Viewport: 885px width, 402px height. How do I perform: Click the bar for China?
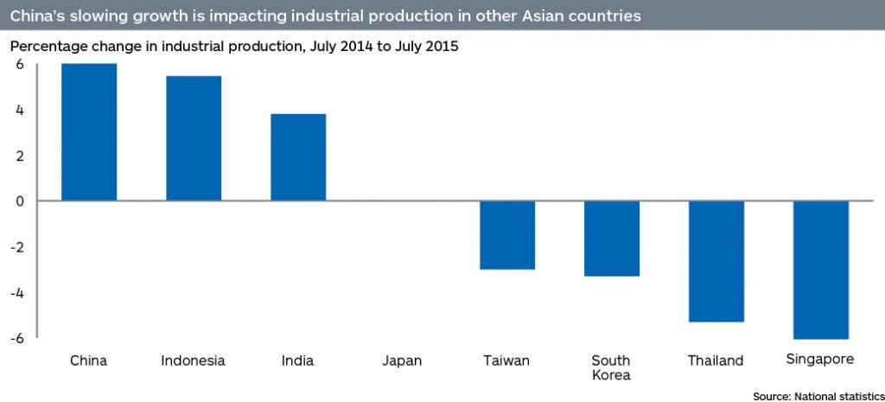[x=88, y=132]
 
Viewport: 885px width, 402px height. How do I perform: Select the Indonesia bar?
[x=194, y=138]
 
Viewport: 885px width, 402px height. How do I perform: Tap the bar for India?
[x=298, y=157]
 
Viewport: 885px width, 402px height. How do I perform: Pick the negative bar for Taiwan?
[x=507, y=235]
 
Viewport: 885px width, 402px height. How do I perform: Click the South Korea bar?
[x=612, y=239]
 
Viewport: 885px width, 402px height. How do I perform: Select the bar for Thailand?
[x=716, y=261]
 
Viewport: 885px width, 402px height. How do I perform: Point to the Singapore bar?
[x=821, y=270]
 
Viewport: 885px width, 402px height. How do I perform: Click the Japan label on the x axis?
[x=402, y=361]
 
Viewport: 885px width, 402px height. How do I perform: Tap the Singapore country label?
[x=821, y=359]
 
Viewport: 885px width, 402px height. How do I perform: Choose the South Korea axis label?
[x=611, y=367]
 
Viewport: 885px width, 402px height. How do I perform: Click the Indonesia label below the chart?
[x=194, y=361]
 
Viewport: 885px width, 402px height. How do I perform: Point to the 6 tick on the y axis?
[x=18, y=65]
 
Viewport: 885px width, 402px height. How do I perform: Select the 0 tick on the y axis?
[x=18, y=201]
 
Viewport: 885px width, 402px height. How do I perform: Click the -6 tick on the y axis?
[x=16, y=338]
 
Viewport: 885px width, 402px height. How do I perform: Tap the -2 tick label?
[x=16, y=247]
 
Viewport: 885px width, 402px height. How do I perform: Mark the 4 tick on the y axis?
[x=18, y=111]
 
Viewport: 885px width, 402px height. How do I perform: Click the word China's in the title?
[x=38, y=16]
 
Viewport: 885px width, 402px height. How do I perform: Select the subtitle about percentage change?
[x=233, y=47]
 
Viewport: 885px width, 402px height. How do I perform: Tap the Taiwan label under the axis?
[x=507, y=361]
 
